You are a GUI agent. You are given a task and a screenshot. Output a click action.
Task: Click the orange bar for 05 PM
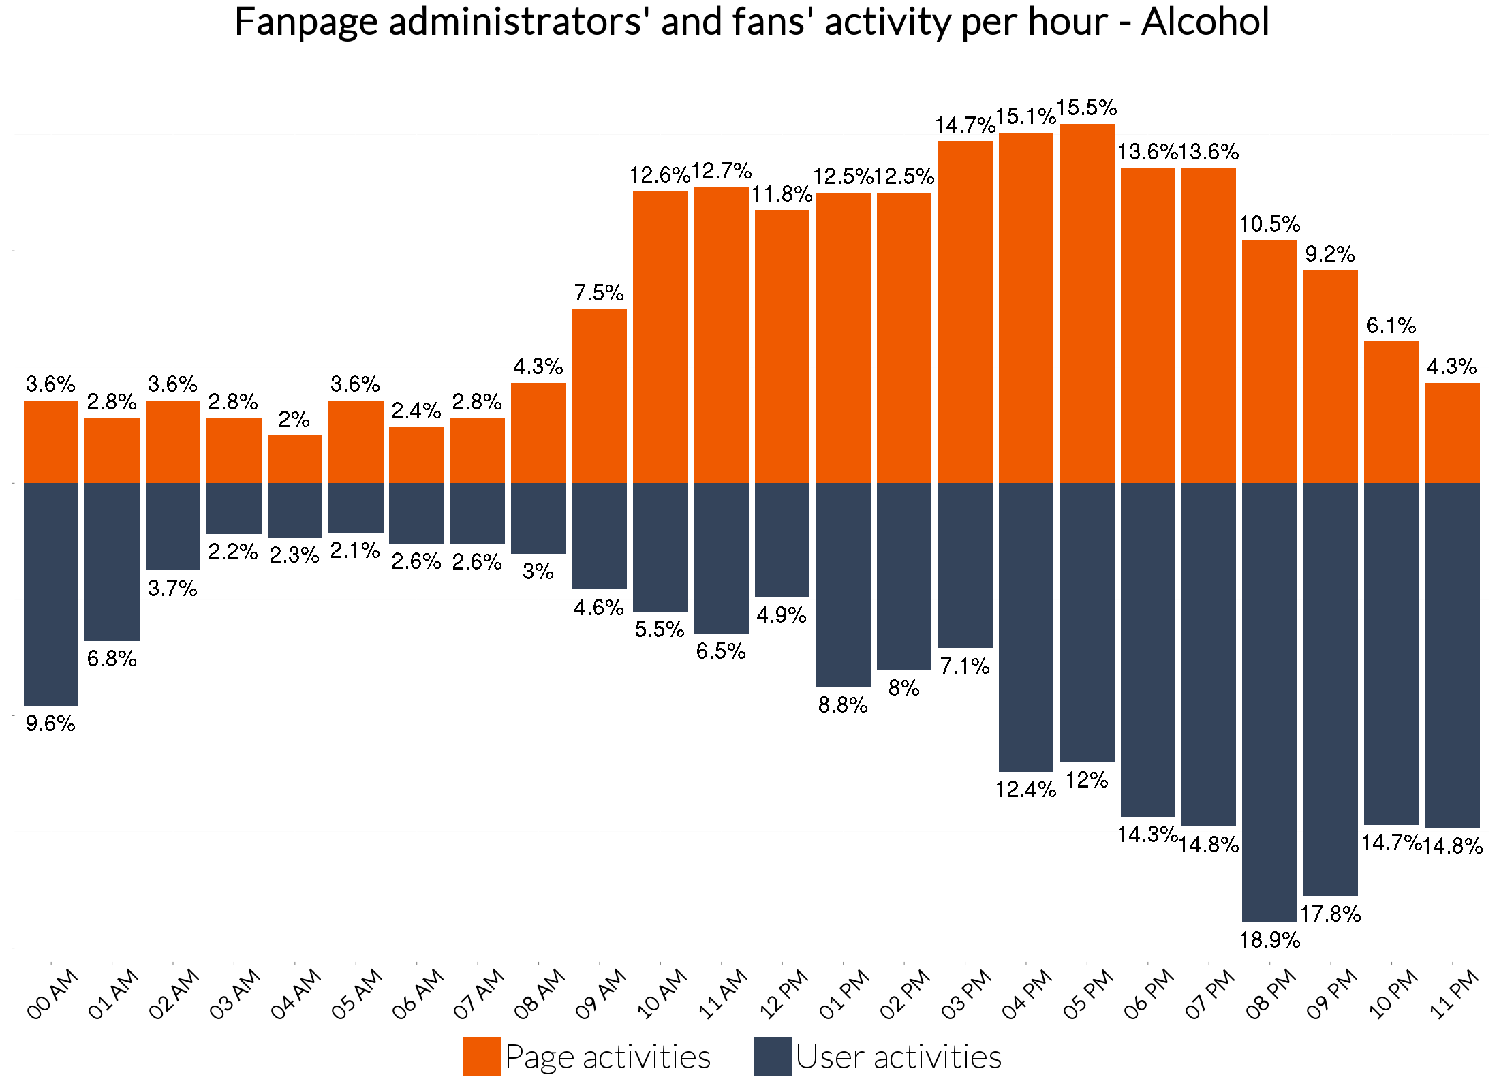coord(1087,303)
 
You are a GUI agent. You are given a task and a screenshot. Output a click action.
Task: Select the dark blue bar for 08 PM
coord(1269,702)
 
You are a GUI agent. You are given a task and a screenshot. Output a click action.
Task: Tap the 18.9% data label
coord(1269,941)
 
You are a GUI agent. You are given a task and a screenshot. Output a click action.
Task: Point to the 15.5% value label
coord(1087,108)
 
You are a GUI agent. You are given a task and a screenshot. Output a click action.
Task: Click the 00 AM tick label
coord(52,994)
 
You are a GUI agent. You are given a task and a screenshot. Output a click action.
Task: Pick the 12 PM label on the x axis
coord(784,994)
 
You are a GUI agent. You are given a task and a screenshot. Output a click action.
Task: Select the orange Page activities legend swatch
coord(482,1056)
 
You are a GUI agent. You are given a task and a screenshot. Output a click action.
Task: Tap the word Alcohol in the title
coord(1205,22)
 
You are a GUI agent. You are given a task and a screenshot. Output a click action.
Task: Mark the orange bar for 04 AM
coord(294,459)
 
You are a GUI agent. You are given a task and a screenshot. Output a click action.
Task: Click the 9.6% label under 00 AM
coord(50,723)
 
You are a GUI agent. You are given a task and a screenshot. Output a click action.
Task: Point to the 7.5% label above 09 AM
coord(599,293)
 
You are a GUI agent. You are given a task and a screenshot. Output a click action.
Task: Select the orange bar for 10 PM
coord(1391,412)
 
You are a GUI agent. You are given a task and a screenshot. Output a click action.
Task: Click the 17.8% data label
coord(1330,914)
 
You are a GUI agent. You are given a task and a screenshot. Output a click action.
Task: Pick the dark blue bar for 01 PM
coord(843,585)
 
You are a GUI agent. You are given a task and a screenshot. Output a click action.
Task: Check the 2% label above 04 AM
coord(294,420)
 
